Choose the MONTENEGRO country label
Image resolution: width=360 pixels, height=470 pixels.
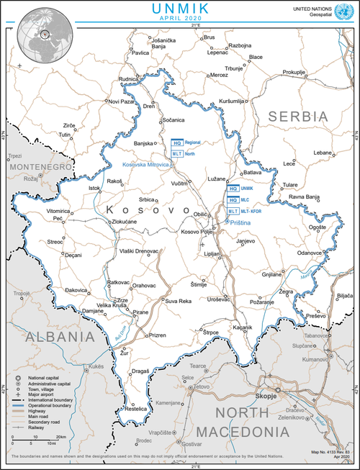(x=40, y=166)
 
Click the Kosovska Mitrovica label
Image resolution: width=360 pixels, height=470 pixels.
(x=145, y=165)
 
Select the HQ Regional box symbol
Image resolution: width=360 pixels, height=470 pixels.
(x=177, y=143)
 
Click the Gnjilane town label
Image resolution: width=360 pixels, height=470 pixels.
(x=271, y=274)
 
